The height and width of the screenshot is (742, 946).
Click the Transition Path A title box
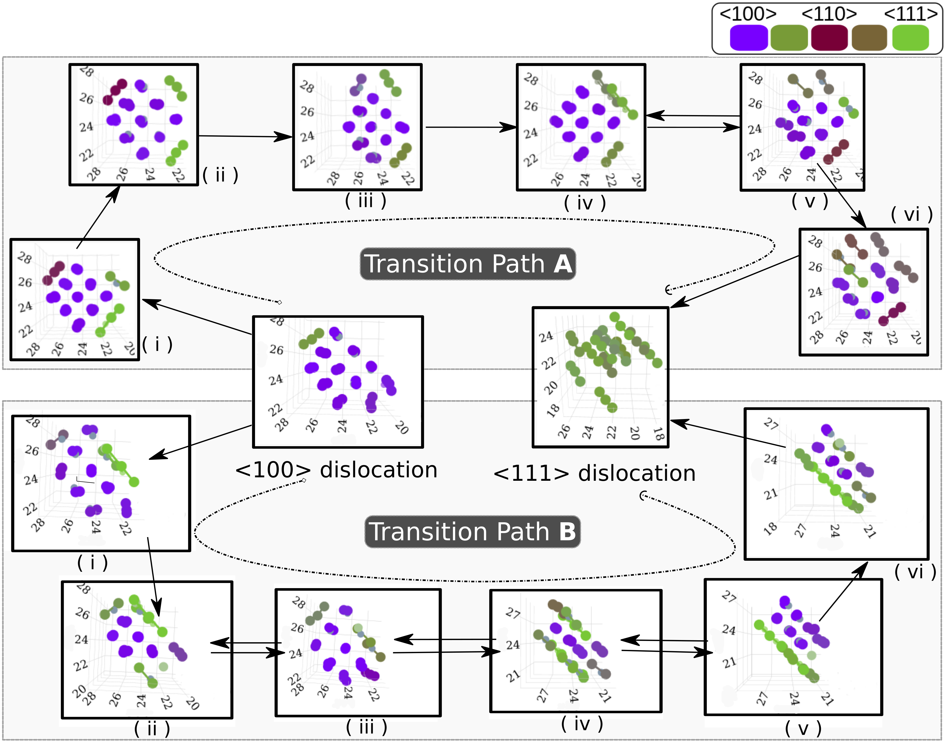(x=468, y=264)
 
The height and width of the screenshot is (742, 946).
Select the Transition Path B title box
(x=472, y=531)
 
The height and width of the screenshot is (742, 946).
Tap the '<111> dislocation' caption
(x=594, y=473)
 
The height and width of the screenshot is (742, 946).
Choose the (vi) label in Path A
(x=912, y=214)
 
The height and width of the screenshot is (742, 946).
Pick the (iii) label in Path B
(x=366, y=727)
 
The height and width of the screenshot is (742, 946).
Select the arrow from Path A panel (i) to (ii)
(x=98, y=217)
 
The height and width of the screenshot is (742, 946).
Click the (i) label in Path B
(x=92, y=562)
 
